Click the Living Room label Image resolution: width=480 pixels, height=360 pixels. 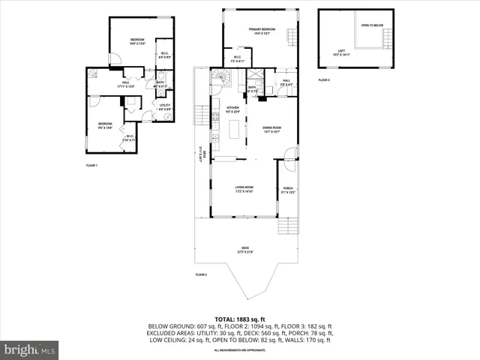click(244, 188)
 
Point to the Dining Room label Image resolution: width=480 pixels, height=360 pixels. click(271, 129)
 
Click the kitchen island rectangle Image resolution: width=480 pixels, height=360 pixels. click(232, 130)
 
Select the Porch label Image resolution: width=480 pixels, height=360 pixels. click(288, 190)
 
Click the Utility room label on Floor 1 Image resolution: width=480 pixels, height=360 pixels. click(165, 107)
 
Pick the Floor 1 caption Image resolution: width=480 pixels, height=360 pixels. click(91, 165)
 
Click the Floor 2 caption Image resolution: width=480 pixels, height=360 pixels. click(201, 274)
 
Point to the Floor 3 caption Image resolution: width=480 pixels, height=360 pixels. click(323, 79)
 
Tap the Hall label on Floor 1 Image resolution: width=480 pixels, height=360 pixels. click(124, 85)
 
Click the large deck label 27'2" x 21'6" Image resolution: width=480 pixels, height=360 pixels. click(244, 250)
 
